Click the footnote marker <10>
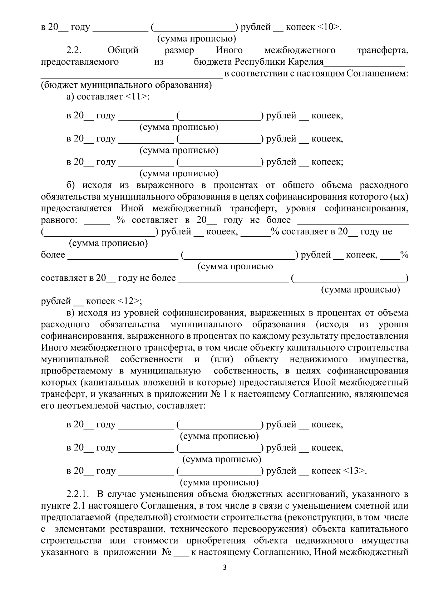click(x=329, y=27)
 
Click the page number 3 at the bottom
click(x=225, y=577)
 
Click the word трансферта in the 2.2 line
click(x=383, y=50)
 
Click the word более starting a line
click(x=53, y=255)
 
